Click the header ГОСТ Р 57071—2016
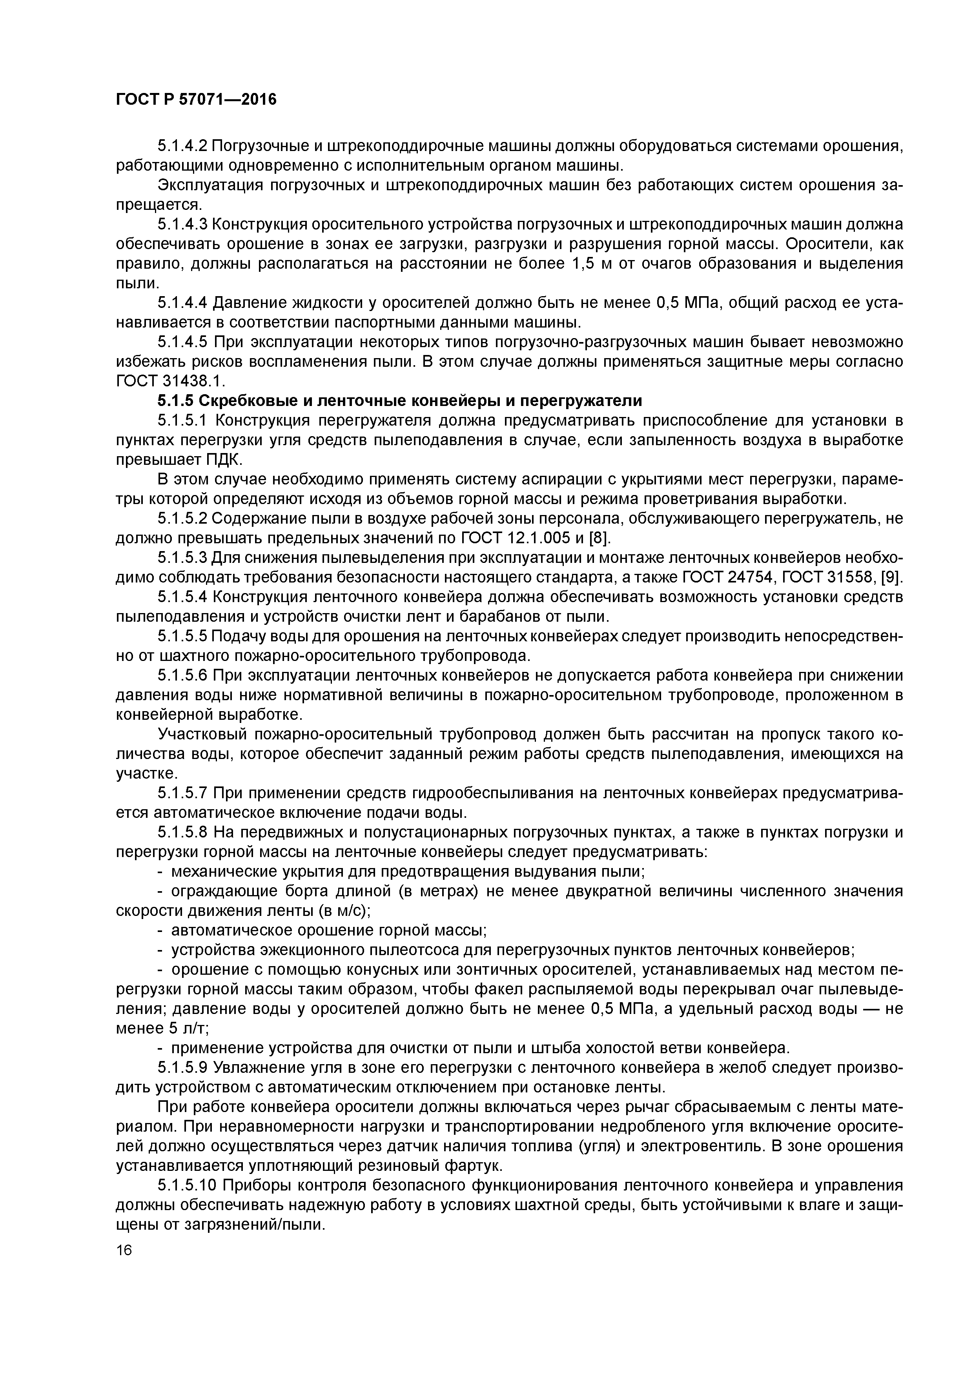(x=196, y=100)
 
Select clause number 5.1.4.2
(x=182, y=146)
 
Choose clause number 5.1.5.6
(x=182, y=676)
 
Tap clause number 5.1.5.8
(x=182, y=832)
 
